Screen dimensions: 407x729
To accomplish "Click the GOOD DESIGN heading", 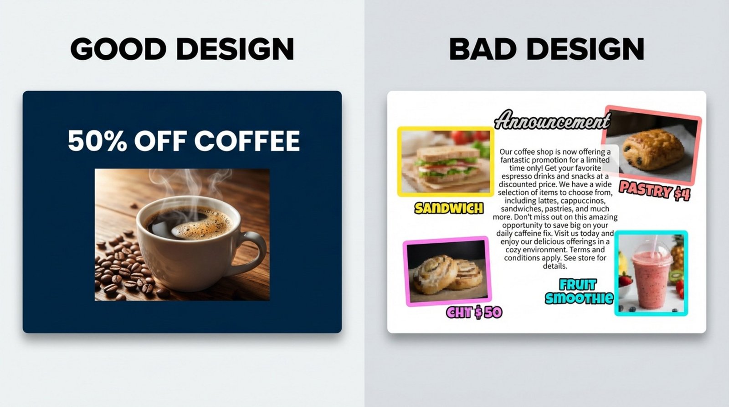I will pos(182,49).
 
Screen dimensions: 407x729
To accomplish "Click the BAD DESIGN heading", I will pos(546,49).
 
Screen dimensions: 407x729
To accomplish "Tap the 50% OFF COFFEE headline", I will pos(184,141).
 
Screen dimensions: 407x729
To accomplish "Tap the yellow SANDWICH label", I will pos(449,209).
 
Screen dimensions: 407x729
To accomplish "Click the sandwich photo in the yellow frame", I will pos(446,162).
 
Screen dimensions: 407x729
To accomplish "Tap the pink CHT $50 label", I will pos(474,313).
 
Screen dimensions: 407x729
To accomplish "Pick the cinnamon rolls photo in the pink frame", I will pos(447,272).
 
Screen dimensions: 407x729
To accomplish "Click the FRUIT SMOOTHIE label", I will pos(579,292).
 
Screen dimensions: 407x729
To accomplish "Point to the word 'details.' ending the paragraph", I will pos(554,266).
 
